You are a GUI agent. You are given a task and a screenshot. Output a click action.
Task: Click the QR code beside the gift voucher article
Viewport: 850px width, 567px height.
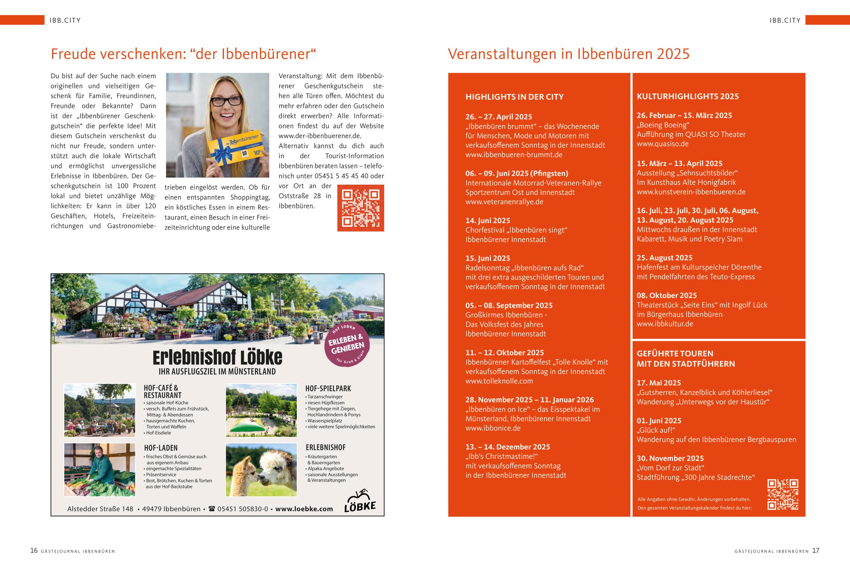click(x=360, y=208)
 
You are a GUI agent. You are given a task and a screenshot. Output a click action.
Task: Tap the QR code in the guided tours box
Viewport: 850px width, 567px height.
click(x=783, y=494)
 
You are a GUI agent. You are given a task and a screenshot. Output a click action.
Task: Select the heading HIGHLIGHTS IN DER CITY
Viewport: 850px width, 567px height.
click(x=514, y=97)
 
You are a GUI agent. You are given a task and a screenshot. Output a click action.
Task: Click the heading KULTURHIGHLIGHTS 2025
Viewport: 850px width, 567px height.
click(x=687, y=97)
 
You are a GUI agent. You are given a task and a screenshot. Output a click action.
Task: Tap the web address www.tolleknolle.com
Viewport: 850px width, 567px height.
click(x=499, y=381)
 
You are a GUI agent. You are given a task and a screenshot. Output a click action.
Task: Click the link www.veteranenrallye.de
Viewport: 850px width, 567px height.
click(x=504, y=202)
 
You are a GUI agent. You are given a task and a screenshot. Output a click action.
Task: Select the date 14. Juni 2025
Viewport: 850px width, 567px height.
click(x=488, y=221)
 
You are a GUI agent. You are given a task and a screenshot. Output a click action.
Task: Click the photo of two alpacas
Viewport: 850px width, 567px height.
click(x=261, y=470)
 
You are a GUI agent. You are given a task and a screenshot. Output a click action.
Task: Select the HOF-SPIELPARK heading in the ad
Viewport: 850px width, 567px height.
click(x=328, y=388)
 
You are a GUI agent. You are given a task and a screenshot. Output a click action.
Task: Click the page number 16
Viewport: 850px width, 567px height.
click(x=34, y=551)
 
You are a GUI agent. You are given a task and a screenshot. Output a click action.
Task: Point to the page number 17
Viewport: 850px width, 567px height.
click(x=816, y=551)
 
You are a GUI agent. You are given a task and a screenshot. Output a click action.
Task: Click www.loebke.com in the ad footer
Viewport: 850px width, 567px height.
click(x=304, y=509)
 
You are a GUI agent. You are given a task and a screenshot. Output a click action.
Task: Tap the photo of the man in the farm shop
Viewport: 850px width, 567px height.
click(x=99, y=470)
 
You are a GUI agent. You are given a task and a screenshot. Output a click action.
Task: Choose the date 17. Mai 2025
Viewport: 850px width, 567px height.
click(x=659, y=383)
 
